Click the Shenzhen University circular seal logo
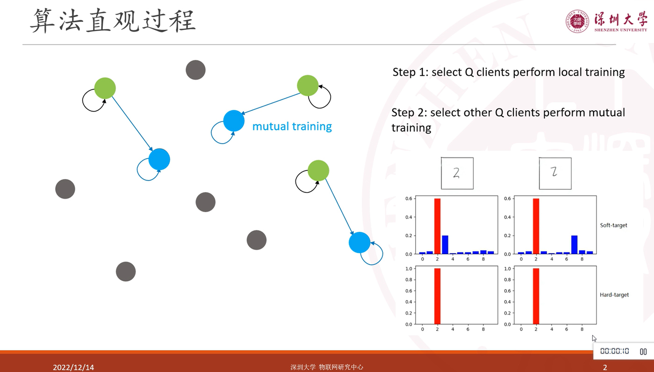tap(577, 21)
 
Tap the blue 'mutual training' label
tap(292, 126)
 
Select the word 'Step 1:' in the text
tap(410, 72)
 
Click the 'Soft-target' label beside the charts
tap(613, 225)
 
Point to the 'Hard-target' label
tap(614, 295)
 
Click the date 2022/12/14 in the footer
tap(73, 367)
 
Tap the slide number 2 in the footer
tap(605, 367)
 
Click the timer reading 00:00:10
tap(614, 351)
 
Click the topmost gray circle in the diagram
tap(195, 70)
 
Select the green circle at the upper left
tap(105, 88)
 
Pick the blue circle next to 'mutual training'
tap(234, 121)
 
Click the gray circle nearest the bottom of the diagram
tap(126, 272)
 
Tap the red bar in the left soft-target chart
tap(438, 226)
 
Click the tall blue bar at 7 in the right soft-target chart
tap(574, 245)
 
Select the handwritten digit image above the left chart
tap(457, 173)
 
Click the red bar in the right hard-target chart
tap(536, 296)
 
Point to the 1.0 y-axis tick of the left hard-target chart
tap(409, 268)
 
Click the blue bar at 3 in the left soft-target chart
tap(445, 245)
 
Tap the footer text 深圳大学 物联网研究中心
tap(327, 367)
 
